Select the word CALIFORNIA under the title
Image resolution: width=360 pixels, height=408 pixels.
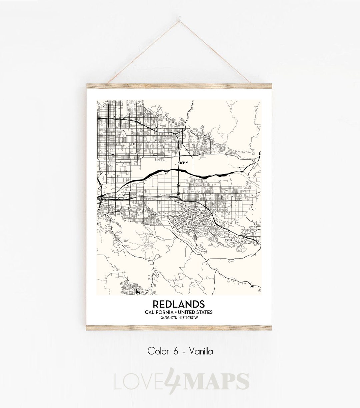coord(159,312)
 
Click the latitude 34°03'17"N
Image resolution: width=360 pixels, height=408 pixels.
coord(169,318)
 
